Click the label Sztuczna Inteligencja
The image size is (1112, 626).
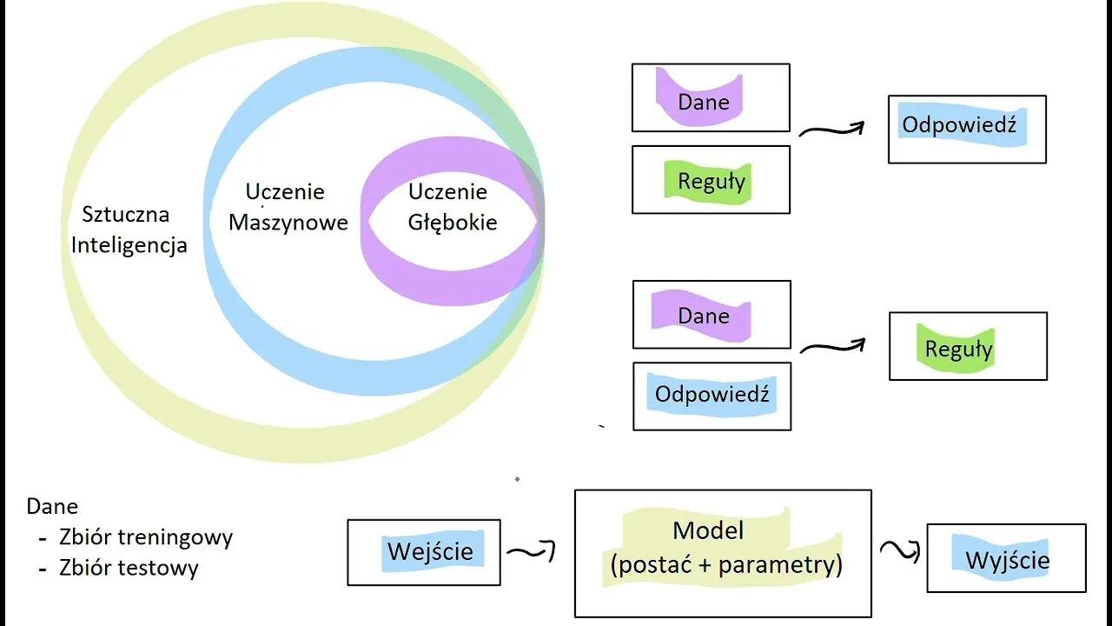129,230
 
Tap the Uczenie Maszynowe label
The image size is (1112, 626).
288,207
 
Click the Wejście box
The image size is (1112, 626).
424,552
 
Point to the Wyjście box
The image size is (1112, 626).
1006,558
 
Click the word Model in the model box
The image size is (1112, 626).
708,529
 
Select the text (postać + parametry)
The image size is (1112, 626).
726,565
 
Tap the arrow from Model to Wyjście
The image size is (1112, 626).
900,550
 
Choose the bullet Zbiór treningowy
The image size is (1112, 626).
146,537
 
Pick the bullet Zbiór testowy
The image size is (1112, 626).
129,568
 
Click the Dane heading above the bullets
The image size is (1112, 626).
52,506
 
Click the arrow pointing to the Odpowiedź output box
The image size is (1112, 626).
831,130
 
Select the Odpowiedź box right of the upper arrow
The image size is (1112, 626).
967,129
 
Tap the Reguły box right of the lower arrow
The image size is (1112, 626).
968,346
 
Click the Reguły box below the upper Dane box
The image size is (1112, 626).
711,180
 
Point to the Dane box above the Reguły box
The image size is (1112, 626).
711,97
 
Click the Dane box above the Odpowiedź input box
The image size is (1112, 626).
712,314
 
